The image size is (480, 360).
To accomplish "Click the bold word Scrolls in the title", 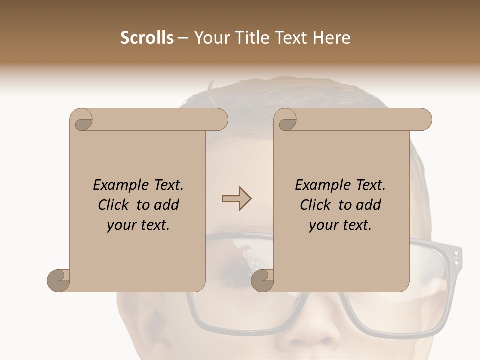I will point(147,38).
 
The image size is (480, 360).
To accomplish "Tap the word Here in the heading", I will point(331,38).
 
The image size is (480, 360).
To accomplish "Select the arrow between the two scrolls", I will point(236,199).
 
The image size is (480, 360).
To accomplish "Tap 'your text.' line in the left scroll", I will point(138,225).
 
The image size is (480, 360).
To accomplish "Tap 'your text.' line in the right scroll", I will point(340,225).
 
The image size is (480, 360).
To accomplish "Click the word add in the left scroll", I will point(166,205).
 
